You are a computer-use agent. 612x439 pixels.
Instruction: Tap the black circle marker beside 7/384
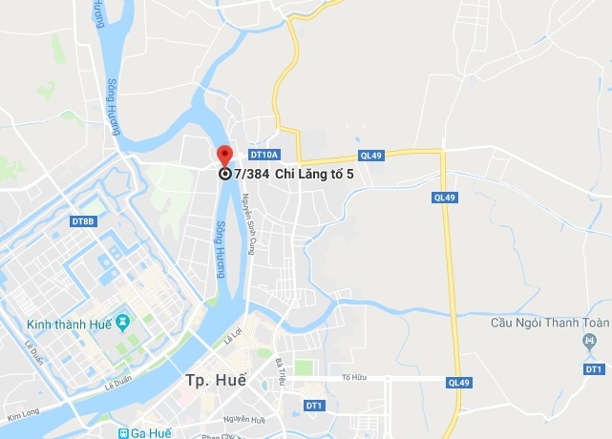224,174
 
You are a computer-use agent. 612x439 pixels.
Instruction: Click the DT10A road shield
263,154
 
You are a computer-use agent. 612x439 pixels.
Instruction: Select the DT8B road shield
84,221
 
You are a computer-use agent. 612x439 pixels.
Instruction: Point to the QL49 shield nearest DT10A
370,155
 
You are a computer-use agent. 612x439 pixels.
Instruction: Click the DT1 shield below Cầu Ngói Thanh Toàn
594,368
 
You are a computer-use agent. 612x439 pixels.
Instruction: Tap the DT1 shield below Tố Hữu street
313,406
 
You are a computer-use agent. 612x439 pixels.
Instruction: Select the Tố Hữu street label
353,377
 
